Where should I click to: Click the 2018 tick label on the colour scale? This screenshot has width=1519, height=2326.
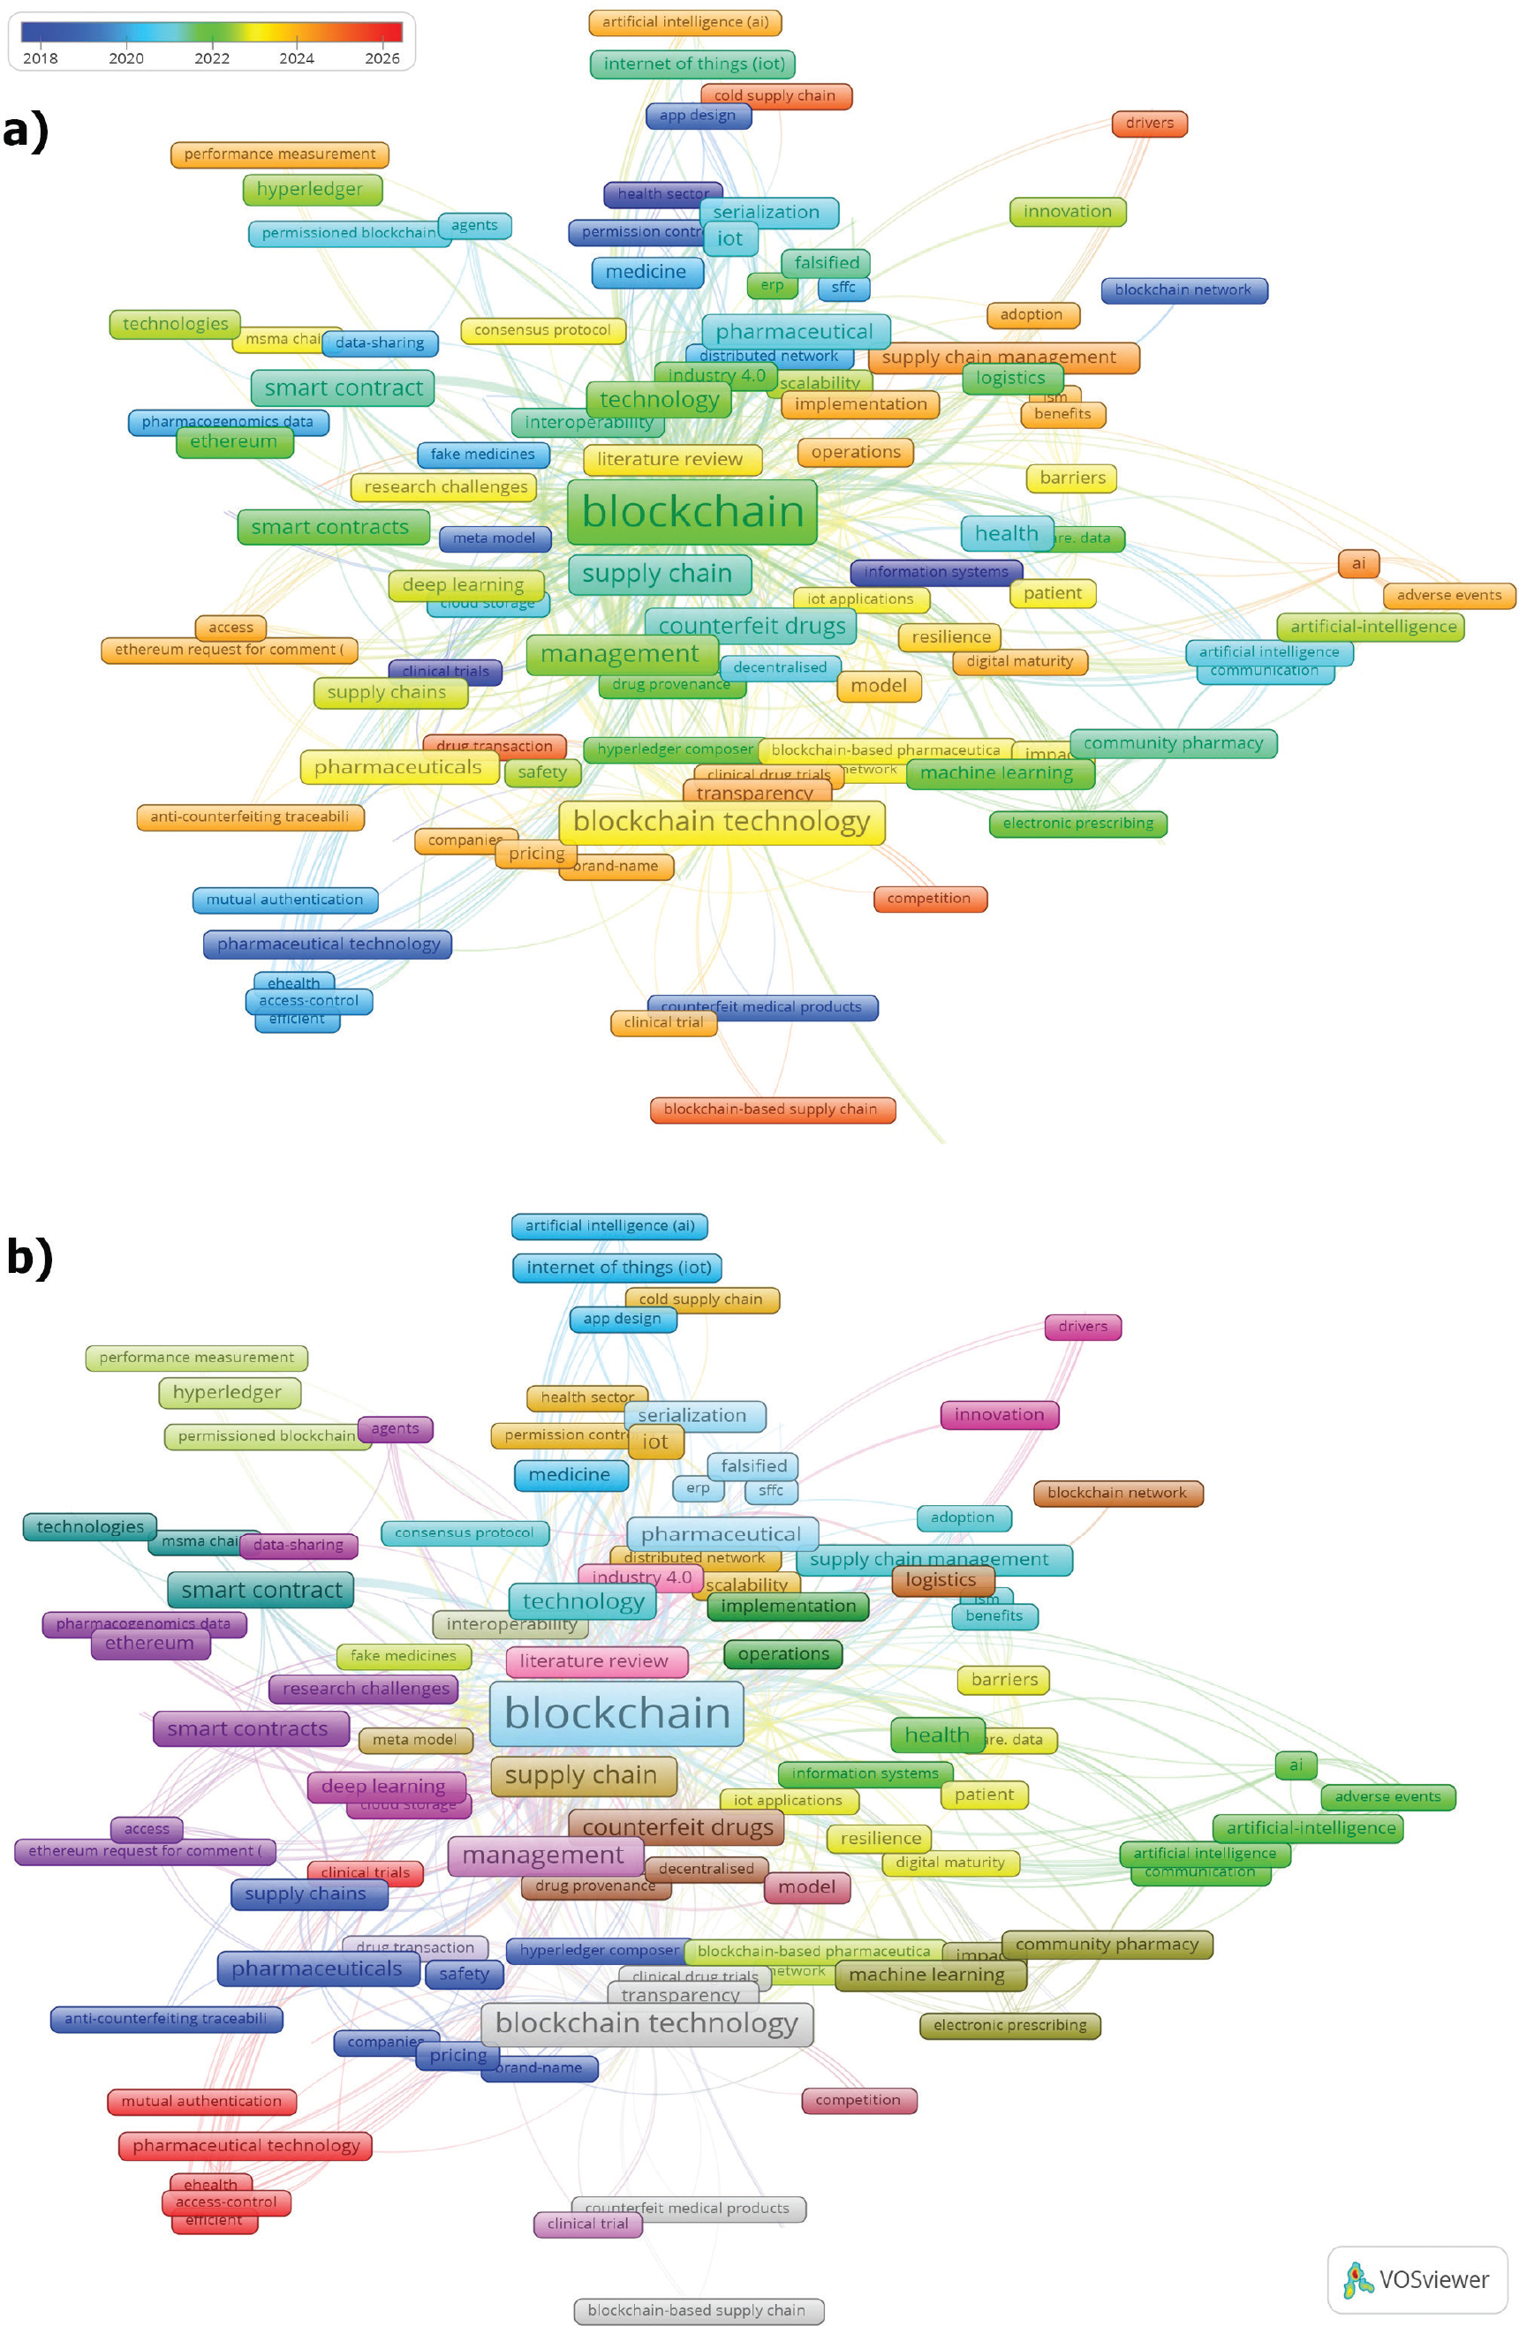40,58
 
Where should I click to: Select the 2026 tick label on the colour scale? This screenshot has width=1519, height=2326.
382,58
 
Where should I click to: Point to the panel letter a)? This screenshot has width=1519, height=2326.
26,131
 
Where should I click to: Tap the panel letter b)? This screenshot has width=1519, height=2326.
29,1257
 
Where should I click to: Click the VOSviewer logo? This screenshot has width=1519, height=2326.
1417,2280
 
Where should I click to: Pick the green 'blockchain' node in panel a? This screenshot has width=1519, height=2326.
692,512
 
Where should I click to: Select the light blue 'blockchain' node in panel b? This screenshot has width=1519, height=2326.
616,1713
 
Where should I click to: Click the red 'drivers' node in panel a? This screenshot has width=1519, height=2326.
1149,124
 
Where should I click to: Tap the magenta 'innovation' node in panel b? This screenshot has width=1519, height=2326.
999,1414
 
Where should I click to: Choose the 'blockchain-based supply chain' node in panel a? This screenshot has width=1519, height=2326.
771,1110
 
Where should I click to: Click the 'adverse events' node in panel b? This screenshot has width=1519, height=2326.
1387,1796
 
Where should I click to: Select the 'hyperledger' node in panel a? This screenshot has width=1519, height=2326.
310,190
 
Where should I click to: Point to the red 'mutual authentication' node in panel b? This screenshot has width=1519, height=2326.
201,2100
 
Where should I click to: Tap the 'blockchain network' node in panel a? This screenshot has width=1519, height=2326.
1183,290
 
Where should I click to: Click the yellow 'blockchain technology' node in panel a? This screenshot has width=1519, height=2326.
722,822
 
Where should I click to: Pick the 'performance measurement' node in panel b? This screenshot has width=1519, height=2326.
196,1358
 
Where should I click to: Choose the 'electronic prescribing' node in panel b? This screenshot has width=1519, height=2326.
1009,2025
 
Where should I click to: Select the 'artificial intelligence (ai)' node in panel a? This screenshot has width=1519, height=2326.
685,21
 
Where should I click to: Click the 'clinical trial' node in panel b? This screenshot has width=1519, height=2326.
587,2224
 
